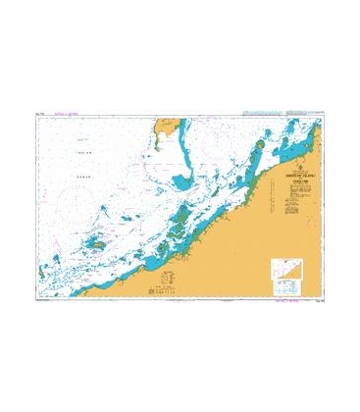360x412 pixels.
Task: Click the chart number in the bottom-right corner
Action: (x=316, y=300)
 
